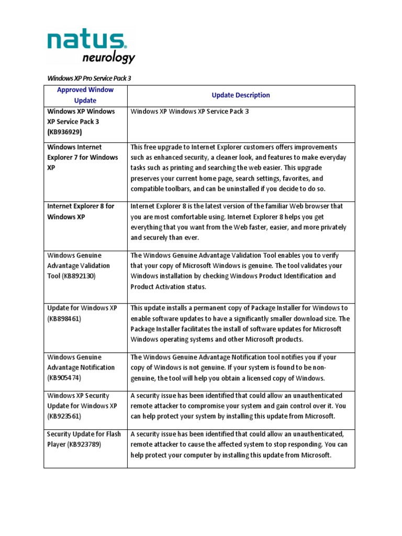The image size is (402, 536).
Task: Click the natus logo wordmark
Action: pyautogui.click(x=86, y=41)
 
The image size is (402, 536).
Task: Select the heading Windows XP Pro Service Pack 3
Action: pyautogui.click(x=89, y=78)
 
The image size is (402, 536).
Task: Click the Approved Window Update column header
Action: pyautogui.click(x=85, y=95)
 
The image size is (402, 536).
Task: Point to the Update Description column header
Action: pyautogui.click(x=241, y=95)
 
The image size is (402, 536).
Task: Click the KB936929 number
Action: pyautogui.click(x=65, y=132)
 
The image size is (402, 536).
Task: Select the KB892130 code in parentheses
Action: pyautogui.click(x=79, y=276)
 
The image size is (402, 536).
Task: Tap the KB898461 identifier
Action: pyautogui.click(x=65, y=318)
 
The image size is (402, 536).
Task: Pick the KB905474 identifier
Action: pyautogui.click(x=65, y=377)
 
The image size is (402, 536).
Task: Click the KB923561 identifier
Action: pyautogui.click(x=65, y=416)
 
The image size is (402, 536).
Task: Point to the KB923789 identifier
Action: pyautogui.click(x=83, y=444)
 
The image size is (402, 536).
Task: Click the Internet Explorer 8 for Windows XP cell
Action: pyautogui.click(x=81, y=211)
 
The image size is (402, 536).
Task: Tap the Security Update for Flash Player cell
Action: pyautogui.click(x=83, y=439)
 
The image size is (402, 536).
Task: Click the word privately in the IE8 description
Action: pyautogui.click(x=330, y=227)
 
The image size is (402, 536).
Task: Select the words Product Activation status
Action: pyautogui.click(x=169, y=286)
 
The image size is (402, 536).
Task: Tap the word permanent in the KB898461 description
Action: pyautogui.click(x=199, y=308)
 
